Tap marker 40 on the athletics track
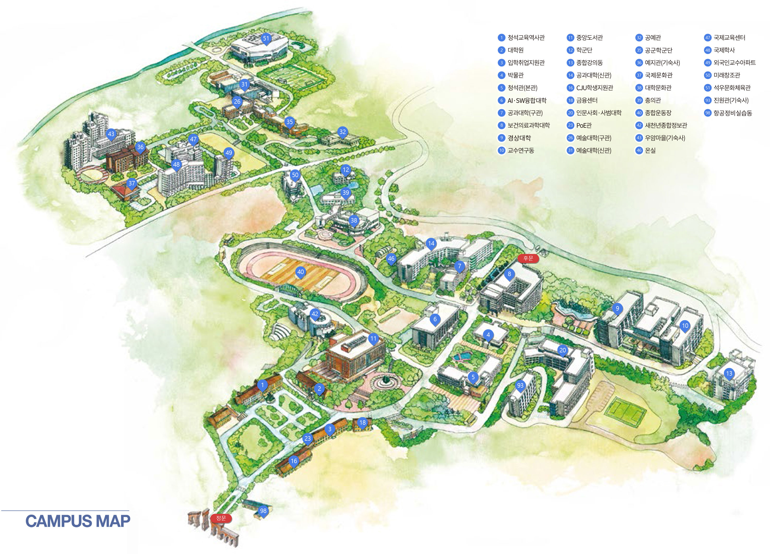300,272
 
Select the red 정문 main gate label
221,518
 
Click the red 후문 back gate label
528,258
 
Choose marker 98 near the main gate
263,511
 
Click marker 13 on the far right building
729,374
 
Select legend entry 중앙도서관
589,38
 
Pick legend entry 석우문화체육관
732,88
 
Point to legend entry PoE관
584,125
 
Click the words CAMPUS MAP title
78,521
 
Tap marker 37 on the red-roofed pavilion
132,184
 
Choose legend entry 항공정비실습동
733,113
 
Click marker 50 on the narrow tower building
295,175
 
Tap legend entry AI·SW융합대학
527,100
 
